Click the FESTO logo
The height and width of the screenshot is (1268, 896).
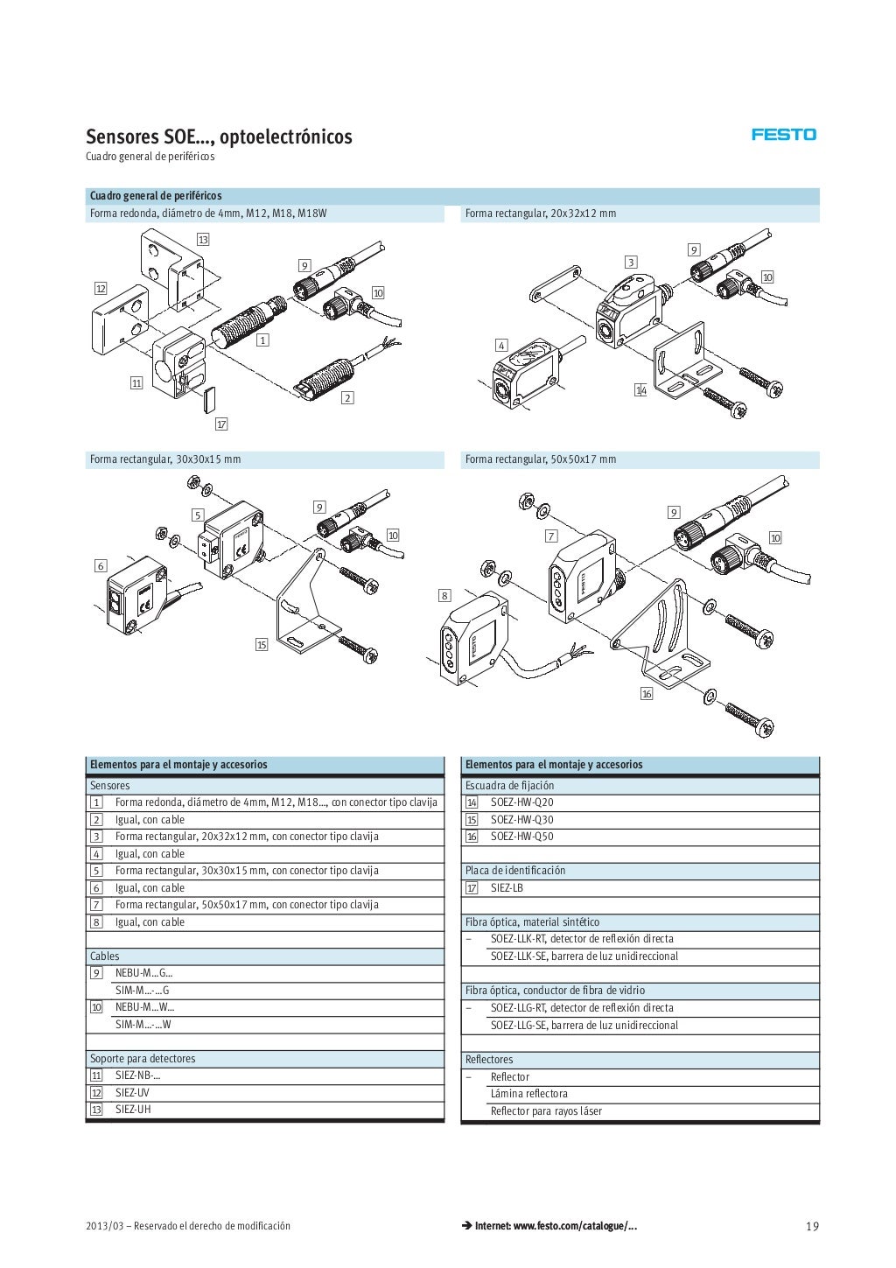[784, 135]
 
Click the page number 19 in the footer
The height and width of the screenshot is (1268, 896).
[812, 1226]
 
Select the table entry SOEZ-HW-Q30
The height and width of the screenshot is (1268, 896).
[521, 820]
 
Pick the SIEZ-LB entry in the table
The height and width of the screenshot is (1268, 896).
[507, 888]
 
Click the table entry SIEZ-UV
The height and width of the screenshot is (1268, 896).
[132, 1093]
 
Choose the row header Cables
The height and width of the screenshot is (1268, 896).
[105, 956]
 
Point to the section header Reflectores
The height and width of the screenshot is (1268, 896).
[489, 1060]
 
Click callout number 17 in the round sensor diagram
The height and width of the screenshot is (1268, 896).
[221, 424]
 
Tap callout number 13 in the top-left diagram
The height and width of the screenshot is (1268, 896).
[203, 239]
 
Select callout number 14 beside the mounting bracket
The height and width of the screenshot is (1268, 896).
[640, 390]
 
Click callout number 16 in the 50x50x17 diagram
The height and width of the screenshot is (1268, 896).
[647, 694]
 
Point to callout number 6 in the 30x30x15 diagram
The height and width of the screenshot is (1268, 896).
[101, 566]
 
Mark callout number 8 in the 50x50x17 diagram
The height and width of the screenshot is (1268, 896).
[444, 596]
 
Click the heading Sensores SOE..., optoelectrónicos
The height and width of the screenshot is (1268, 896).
[219, 137]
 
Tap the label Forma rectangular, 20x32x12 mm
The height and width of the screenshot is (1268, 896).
[541, 214]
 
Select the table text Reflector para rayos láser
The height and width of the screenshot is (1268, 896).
[546, 1111]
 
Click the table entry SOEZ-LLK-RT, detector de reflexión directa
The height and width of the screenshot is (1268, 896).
[582, 939]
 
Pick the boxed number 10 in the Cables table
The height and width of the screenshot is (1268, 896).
[96, 1007]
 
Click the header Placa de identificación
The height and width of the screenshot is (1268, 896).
[515, 871]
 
